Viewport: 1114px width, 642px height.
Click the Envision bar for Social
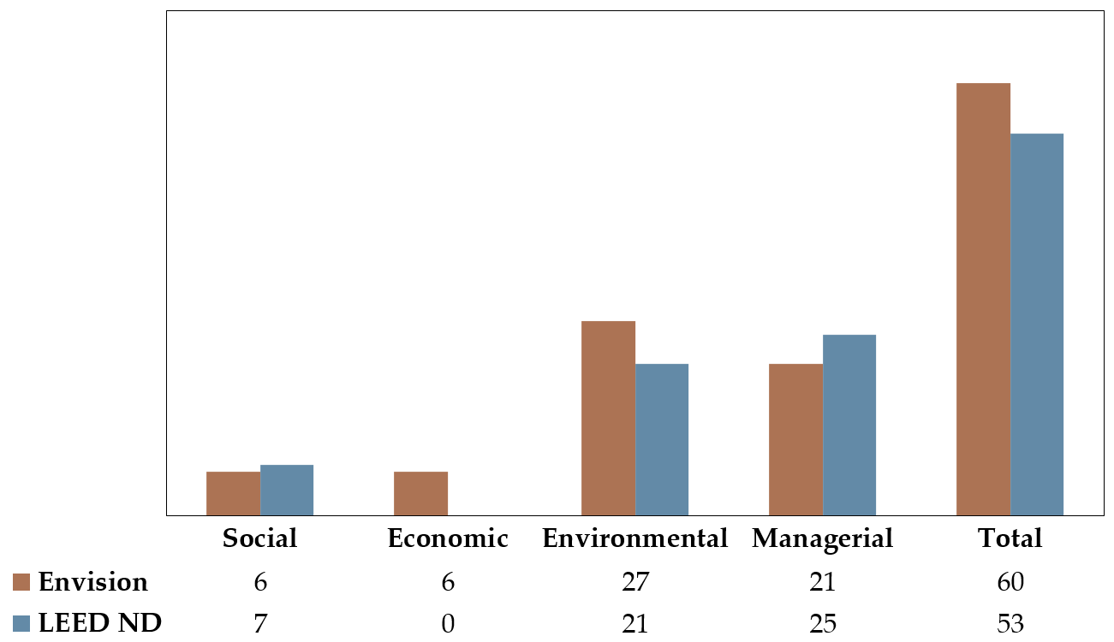[233, 493]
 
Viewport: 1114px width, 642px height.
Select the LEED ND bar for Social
[287, 490]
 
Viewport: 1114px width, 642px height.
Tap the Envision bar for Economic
[420, 493]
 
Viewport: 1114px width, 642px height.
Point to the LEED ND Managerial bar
[849, 425]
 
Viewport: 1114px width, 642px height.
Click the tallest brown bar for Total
[983, 299]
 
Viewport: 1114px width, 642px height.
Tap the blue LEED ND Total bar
[1037, 324]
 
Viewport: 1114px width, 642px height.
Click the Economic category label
[448, 538]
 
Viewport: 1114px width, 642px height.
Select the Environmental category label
[635, 538]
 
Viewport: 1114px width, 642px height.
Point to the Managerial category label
[822, 538]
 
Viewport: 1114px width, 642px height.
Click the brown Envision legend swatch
[22, 583]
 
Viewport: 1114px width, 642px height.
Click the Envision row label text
[93, 583]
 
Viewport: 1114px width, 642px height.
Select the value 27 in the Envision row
[635, 583]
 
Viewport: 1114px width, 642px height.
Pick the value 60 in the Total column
[1010, 583]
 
